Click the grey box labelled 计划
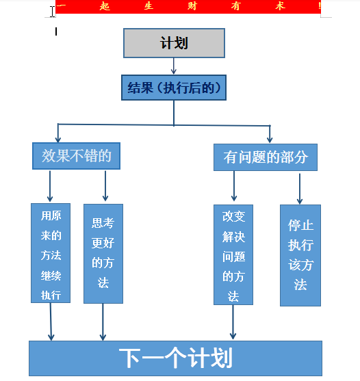click(x=174, y=43)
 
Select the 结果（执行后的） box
click(x=174, y=88)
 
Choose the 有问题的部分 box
click(x=266, y=157)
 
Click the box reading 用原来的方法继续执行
click(x=51, y=253)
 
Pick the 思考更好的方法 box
click(x=103, y=253)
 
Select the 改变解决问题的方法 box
click(x=233, y=254)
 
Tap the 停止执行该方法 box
click(x=300, y=255)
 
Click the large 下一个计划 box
click(x=175, y=358)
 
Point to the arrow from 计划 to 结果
click(x=174, y=66)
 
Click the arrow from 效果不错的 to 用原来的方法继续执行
click(x=51, y=186)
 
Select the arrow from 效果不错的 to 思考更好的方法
click(x=105, y=186)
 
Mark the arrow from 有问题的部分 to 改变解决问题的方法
click(x=234, y=187)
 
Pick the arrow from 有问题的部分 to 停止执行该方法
click(x=299, y=188)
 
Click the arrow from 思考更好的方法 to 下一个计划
click(x=103, y=321)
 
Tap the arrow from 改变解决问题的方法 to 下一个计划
click(x=233, y=321)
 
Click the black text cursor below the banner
click(x=55, y=31)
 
